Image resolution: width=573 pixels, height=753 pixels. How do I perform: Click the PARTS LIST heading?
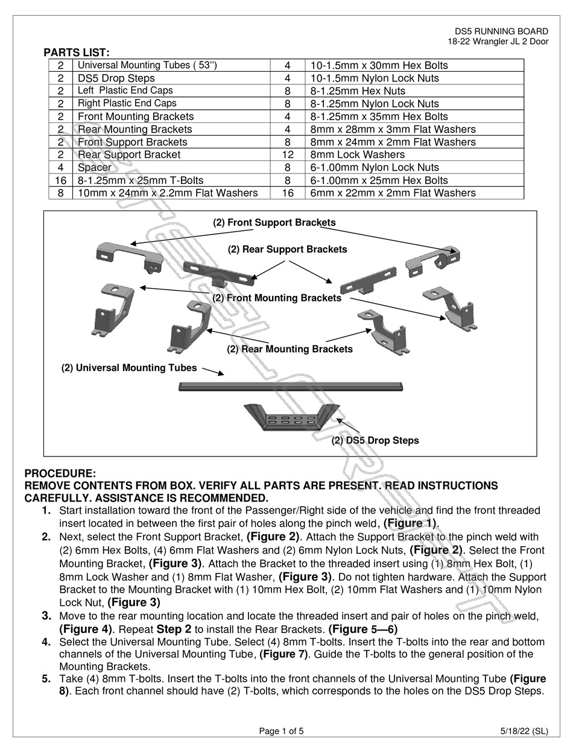(x=76, y=53)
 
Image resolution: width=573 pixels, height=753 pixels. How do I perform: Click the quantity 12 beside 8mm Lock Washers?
(x=288, y=154)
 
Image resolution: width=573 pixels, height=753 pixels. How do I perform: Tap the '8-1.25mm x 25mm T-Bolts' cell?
(x=141, y=180)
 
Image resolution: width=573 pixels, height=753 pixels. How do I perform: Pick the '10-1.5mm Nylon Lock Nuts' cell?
(x=375, y=78)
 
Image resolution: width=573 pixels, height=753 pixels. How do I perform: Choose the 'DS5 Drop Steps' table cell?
(x=116, y=78)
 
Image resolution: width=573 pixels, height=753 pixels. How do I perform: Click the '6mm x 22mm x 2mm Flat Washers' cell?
(x=393, y=193)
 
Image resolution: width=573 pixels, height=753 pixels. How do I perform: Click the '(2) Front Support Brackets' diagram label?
(x=274, y=222)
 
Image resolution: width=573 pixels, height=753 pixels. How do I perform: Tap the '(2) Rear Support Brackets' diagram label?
(x=287, y=249)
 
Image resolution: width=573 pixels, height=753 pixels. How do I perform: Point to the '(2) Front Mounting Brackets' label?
(x=276, y=298)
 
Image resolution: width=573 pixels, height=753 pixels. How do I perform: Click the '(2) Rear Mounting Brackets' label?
(x=290, y=348)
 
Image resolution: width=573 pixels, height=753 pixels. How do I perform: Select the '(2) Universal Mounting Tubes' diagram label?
(x=129, y=368)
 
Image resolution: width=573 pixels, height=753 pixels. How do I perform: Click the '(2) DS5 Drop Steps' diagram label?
(x=375, y=440)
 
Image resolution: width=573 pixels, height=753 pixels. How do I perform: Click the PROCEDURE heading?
(x=60, y=474)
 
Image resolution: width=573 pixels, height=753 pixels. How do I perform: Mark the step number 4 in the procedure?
(x=46, y=642)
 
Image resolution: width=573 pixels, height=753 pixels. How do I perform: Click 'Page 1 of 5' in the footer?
(x=281, y=731)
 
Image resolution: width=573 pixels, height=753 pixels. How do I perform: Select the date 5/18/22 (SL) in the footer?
(x=524, y=731)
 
